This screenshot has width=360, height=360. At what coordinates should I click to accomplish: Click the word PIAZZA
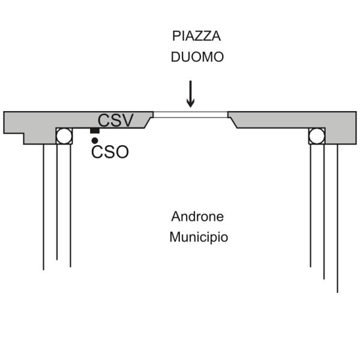click(x=197, y=36)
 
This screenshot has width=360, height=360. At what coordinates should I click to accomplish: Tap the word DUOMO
click(x=197, y=57)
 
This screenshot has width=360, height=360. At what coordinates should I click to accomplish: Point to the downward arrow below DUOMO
click(x=190, y=94)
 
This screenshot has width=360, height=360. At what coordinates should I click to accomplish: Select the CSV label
click(x=115, y=120)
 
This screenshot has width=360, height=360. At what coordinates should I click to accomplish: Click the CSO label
click(x=110, y=152)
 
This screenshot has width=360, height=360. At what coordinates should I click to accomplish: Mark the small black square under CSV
click(x=95, y=130)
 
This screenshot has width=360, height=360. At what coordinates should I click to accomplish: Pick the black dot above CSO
click(x=95, y=140)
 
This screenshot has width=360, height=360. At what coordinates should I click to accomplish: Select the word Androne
click(x=197, y=216)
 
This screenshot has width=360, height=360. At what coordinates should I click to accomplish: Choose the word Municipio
click(x=199, y=237)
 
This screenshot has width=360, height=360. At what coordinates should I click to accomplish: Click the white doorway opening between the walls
click(x=190, y=115)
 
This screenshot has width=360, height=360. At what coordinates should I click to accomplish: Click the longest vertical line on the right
click(x=337, y=218)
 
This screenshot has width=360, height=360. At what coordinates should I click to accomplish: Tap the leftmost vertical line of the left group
click(x=44, y=207)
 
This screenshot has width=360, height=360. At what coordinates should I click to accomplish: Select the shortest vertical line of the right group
click(x=311, y=205)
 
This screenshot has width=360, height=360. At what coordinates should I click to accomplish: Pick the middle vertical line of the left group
click(x=57, y=202)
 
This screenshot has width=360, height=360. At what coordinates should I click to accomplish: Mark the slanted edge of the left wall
click(x=148, y=122)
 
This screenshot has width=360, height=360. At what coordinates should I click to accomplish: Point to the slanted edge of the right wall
click(x=233, y=122)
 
